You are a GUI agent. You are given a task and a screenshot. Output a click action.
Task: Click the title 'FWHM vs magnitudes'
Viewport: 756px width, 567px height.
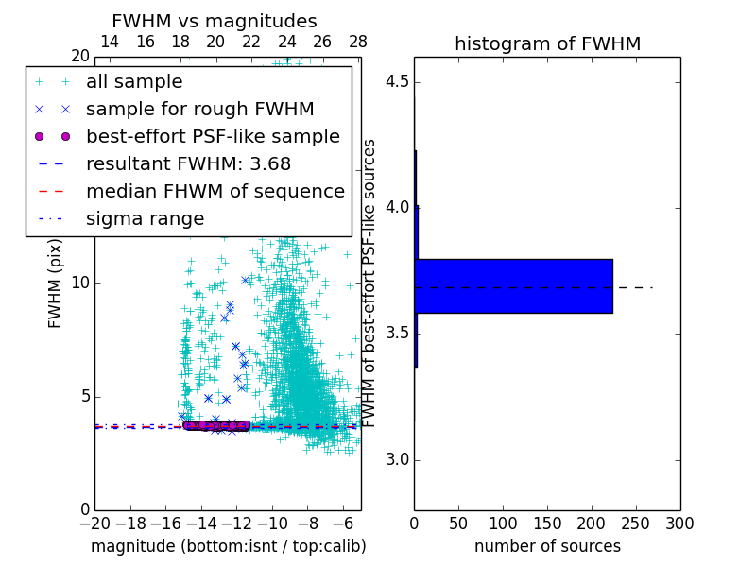(214, 21)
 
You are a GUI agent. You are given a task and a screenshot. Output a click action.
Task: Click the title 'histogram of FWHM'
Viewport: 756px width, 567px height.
(547, 43)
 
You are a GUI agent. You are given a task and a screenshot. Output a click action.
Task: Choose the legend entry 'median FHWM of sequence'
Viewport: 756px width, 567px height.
(215, 192)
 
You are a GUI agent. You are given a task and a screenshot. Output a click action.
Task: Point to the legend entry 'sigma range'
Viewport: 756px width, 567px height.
(145, 219)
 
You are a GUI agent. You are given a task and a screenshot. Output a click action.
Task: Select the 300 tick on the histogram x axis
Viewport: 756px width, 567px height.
(679, 524)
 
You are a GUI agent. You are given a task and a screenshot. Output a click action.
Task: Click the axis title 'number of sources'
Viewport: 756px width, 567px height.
(547, 546)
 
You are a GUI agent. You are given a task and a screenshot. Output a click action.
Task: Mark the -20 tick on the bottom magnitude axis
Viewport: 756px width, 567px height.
(94, 524)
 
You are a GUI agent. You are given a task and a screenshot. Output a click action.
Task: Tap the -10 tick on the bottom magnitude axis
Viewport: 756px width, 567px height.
(272, 524)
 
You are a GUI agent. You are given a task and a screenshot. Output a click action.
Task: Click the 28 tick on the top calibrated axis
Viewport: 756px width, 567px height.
(358, 42)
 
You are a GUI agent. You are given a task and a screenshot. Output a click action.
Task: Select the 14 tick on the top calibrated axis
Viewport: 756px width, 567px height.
(110, 42)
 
